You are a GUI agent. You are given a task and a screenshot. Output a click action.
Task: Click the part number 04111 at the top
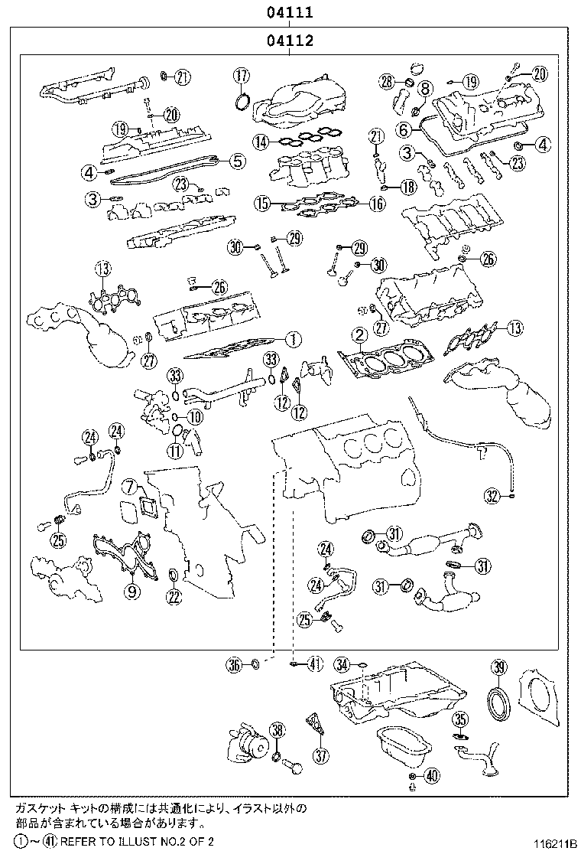(290, 12)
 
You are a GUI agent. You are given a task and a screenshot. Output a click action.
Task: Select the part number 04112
(290, 41)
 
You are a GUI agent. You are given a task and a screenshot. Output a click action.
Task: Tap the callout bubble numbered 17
(242, 75)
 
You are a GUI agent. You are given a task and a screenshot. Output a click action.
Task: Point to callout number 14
(261, 142)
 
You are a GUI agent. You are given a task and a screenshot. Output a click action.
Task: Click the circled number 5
(237, 161)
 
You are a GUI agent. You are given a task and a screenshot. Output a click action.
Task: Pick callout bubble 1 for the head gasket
(291, 337)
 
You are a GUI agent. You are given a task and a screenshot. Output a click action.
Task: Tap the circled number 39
(498, 667)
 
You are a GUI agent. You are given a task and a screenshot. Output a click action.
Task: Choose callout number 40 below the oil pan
(431, 776)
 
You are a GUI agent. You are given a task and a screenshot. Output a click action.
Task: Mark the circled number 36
(234, 664)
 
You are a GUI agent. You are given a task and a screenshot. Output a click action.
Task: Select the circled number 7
(131, 486)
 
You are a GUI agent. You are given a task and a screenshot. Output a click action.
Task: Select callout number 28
(387, 81)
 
